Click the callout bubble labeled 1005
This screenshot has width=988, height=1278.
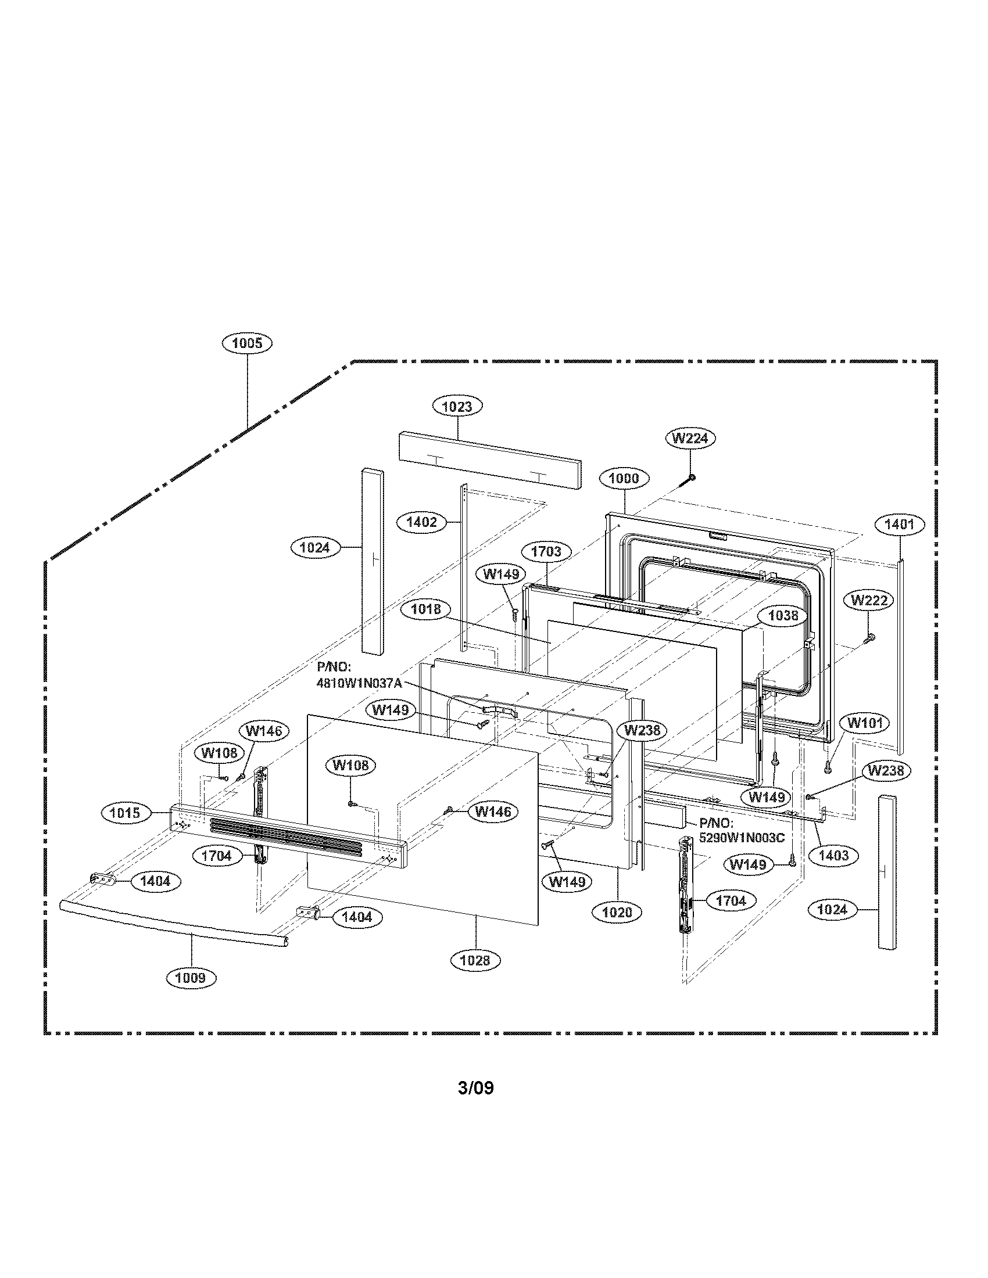246,343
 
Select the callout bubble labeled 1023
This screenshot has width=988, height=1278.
457,406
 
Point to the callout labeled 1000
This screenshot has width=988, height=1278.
624,478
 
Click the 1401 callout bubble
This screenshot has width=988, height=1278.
900,525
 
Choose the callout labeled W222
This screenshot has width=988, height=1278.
869,600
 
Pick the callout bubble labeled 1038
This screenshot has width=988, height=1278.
783,616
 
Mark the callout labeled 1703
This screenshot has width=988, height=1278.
546,551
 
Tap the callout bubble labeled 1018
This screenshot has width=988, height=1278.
426,610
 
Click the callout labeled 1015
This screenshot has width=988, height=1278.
126,813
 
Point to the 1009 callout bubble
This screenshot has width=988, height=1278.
191,977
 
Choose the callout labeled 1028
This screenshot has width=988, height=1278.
475,960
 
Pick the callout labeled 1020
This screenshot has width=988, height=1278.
617,911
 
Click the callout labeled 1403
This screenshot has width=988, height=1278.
833,856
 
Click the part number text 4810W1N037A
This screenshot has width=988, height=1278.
359,684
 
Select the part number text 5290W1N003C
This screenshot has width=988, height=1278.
742,837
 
